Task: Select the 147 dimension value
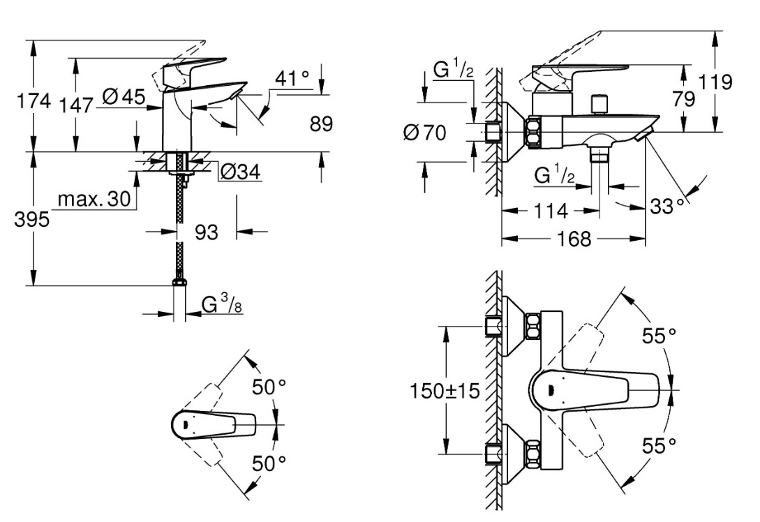tap(76, 105)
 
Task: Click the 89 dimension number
tap(321, 124)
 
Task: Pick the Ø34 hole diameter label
tap(240, 172)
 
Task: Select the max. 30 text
tap(94, 199)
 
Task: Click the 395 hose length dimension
tap(32, 220)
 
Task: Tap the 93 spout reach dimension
tap(207, 232)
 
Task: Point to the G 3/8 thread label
tap(223, 304)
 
